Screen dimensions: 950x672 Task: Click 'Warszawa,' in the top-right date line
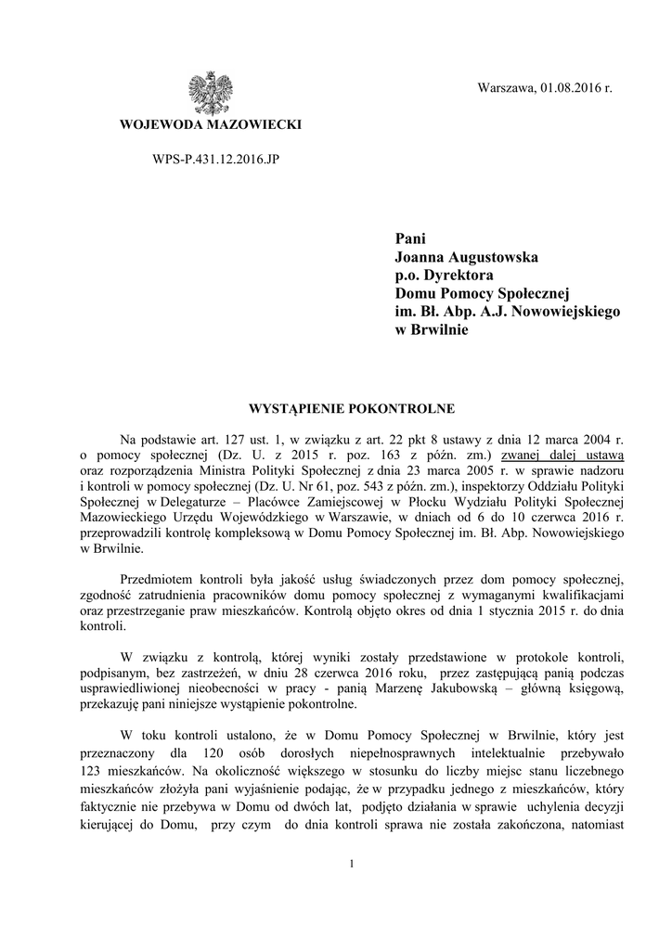[x=506, y=88]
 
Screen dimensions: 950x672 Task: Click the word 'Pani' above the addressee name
[x=409, y=237]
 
